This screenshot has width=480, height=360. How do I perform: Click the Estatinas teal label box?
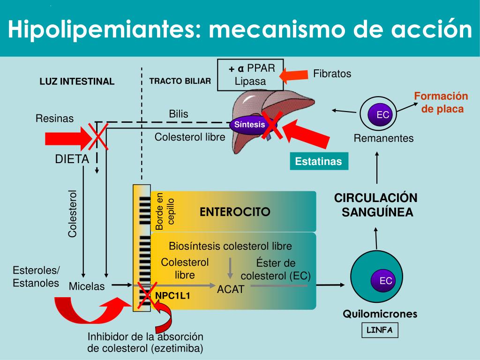click(x=318, y=162)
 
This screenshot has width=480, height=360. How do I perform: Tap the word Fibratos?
click(x=332, y=74)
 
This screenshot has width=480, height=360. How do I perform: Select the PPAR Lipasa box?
click(x=250, y=75)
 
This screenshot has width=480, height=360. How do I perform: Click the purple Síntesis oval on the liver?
click(x=250, y=125)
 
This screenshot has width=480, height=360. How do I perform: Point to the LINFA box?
click(x=380, y=330)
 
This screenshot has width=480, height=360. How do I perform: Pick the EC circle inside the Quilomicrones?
click(x=386, y=281)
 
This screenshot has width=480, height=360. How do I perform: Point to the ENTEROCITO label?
click(x=235, y=212)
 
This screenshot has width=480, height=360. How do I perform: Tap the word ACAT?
click(x=231, y=289)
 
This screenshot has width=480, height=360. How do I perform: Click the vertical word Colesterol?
click(x=72, y=213)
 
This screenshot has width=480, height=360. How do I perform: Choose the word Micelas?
click(x=87, y=286)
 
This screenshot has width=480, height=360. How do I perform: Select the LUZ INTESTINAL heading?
click(x=77, y=82)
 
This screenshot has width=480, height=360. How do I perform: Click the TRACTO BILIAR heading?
click(x=180, y=81)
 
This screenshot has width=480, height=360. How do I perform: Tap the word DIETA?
click(x=72, y=159)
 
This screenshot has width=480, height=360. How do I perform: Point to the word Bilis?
click(x=179, y=114)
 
